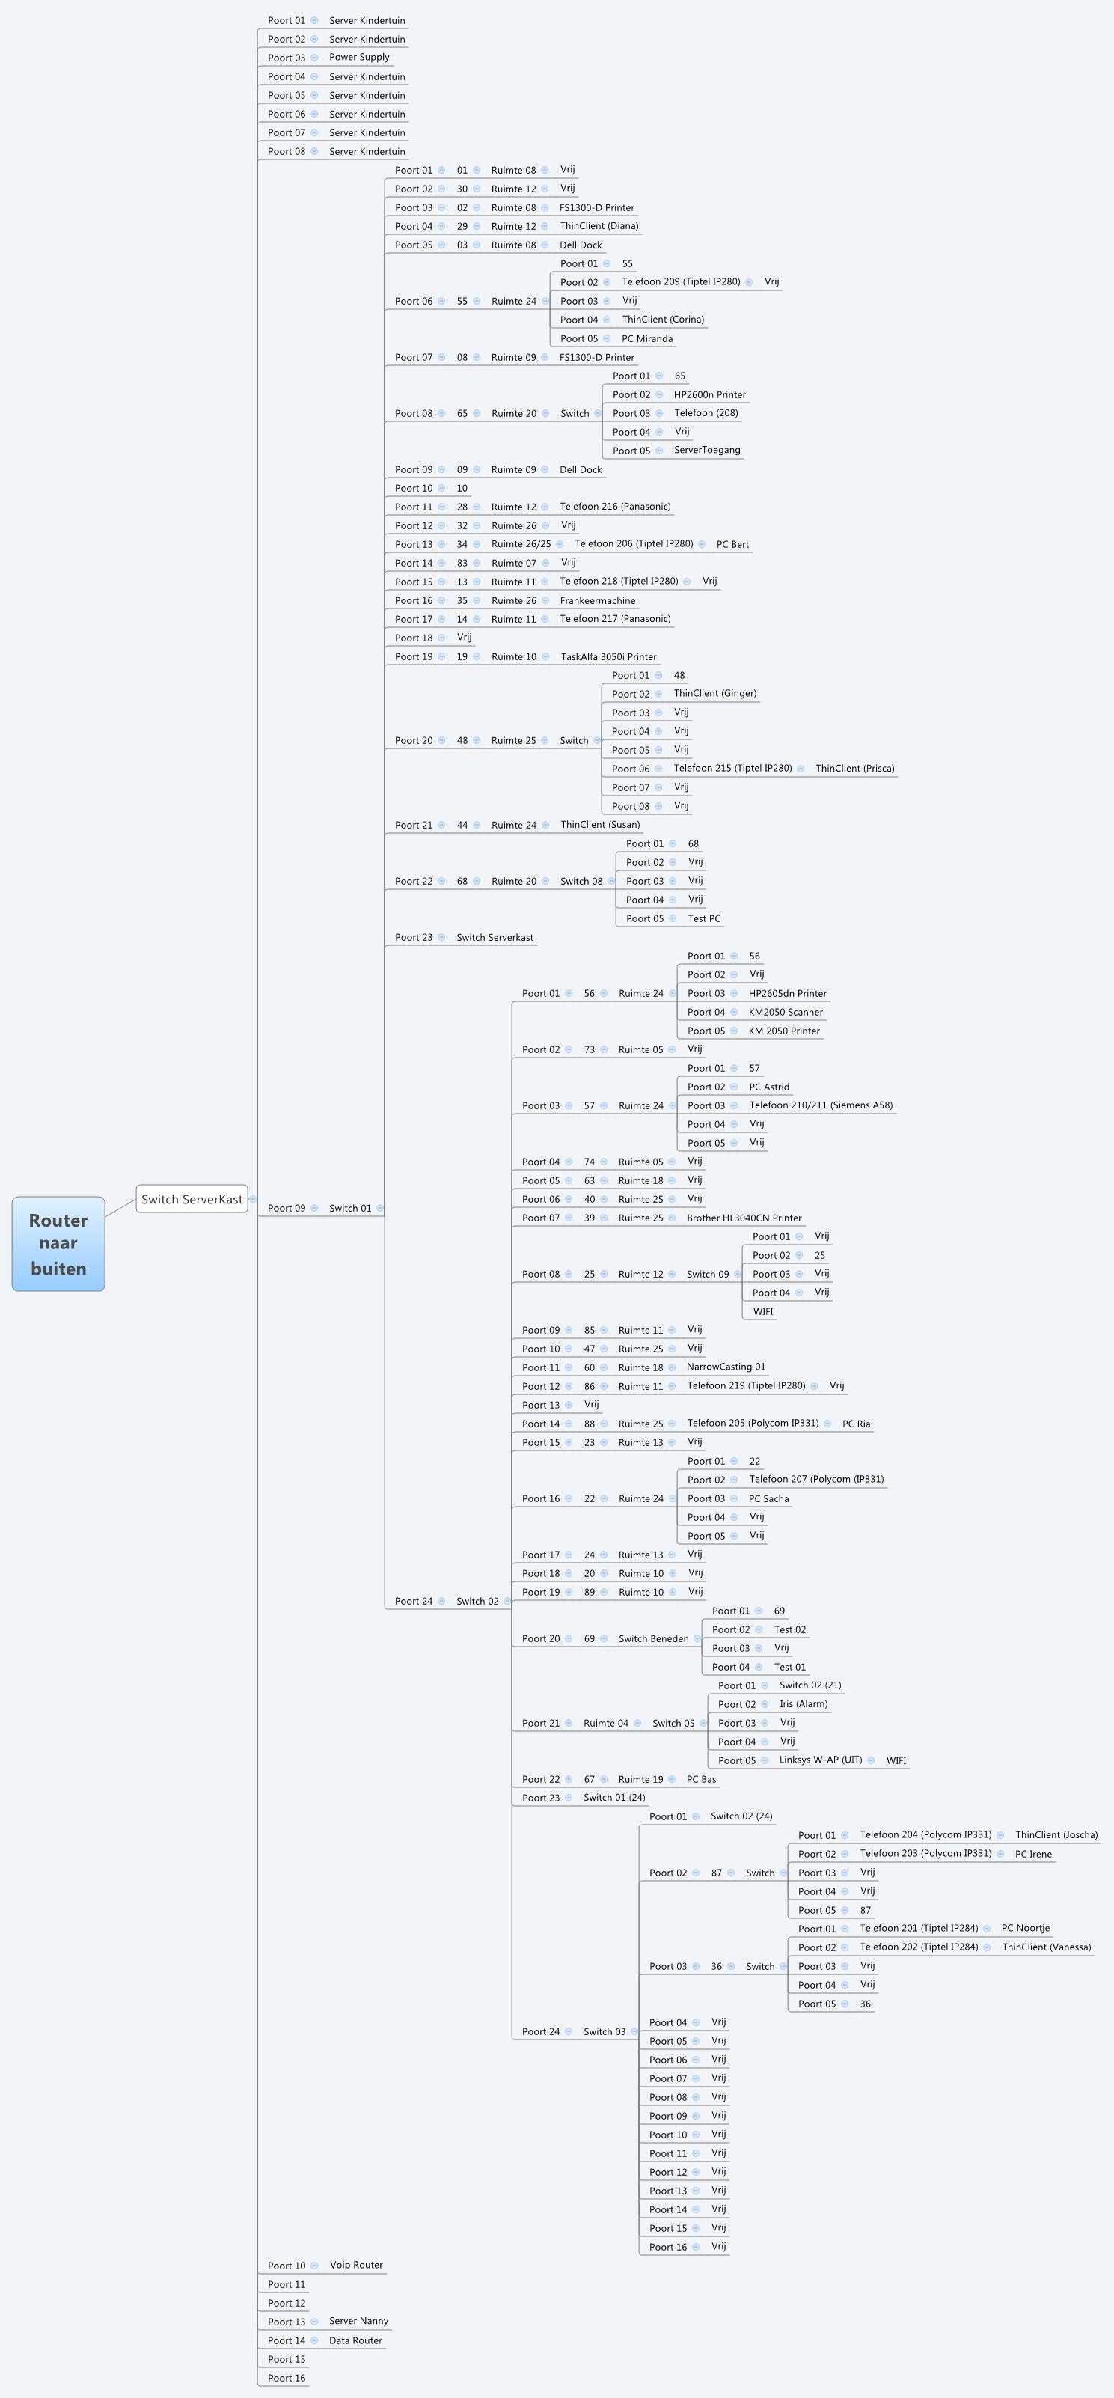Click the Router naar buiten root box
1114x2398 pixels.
[x=58, y=1244]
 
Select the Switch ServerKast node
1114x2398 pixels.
[x=192, y=1199]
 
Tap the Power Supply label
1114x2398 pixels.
[x=359, y=58]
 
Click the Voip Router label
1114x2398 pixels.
[x=355, y=2265]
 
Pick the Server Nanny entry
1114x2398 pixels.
[x=358, y=2321]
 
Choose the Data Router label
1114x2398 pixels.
[x=355, y=2340]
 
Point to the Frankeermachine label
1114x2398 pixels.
[x=598, y=600]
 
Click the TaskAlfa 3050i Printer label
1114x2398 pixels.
[x=609, y=656]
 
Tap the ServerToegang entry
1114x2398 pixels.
[x=707, y=451]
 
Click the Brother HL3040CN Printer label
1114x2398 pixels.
[x=744, y=1218]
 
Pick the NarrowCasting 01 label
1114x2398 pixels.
[x=726, y=1367]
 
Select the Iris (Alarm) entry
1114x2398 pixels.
[x=804, y=1703]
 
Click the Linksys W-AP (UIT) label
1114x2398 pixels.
[x=821, y=1760]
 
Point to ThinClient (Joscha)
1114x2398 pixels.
[x=1056, y=1835]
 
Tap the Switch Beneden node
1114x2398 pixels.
[x=653, y=1638]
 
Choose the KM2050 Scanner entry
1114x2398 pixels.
[x=786, y=1012]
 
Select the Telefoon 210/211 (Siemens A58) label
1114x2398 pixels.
[x=821, y=1105]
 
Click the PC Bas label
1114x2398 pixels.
[x=701, y=1779]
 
